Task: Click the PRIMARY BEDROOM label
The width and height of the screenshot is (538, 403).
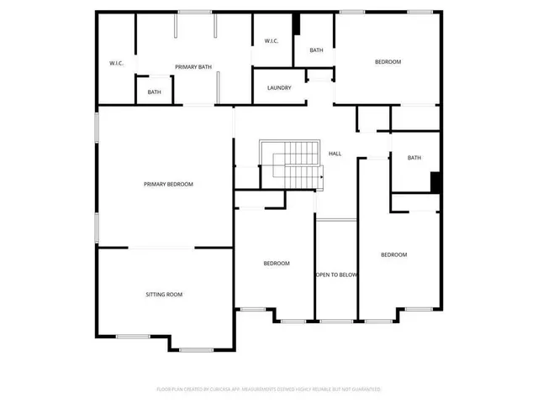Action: coord(168,184)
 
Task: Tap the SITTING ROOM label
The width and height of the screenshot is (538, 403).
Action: coord(164,295)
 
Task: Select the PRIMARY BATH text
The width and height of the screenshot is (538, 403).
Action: coord(193,66)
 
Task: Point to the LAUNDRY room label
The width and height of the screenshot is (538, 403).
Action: coord(279,88)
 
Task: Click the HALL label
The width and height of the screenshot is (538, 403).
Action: coord(335,154)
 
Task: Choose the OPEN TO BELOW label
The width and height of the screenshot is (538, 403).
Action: coord(337,275)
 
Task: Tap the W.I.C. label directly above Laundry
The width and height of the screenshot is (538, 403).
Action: coord(272,41)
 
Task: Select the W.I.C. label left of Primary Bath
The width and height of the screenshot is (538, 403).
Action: coord(117,64)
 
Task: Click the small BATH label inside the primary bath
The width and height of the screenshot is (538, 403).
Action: coord(155,92)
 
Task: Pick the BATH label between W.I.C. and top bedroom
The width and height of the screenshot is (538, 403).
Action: coord(316,50)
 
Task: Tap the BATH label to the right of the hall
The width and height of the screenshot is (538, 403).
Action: coord(414,158)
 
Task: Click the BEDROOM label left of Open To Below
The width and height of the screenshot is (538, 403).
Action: coord(277,264)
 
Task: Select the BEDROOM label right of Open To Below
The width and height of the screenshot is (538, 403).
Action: coord(393,255)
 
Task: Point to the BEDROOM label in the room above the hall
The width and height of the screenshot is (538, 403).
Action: coord(388,62)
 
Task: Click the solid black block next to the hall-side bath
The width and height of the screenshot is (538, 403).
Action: coord(435,182)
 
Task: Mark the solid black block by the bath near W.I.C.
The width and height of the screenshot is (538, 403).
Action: coord(296,24)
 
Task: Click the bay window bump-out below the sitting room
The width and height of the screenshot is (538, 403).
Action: coord(197,346)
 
